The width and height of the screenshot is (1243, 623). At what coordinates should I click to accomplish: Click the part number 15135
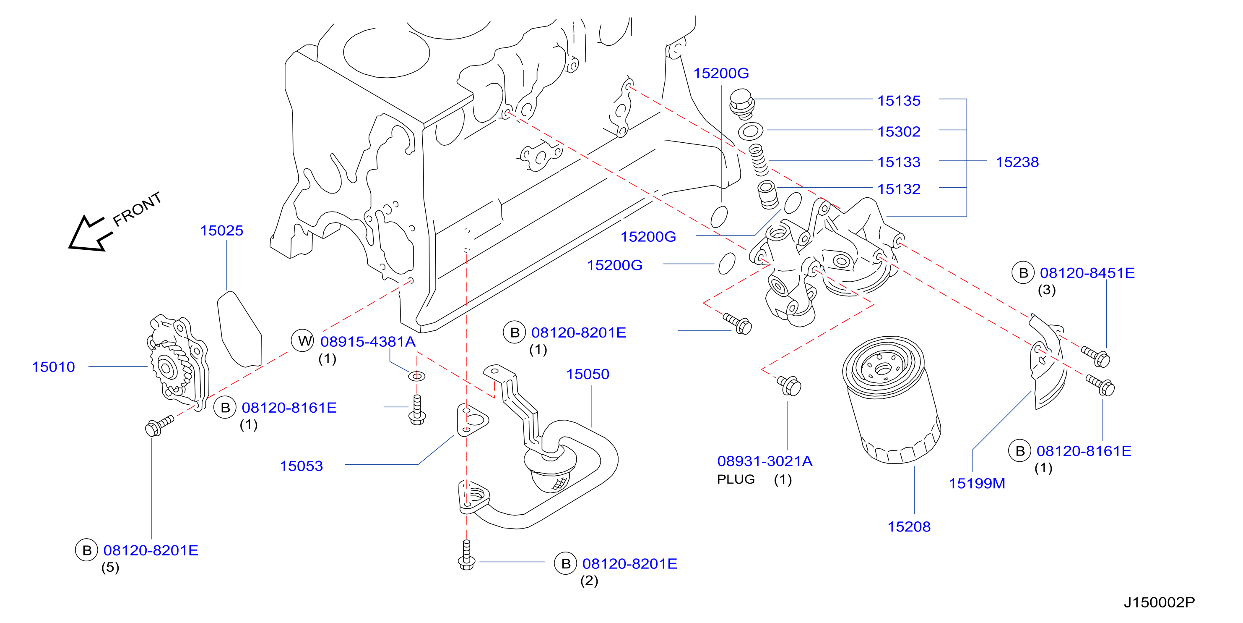pyautogui.click(x=898, y=100)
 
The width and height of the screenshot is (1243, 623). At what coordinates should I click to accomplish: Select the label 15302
pyautogui.click(x=898, y=131)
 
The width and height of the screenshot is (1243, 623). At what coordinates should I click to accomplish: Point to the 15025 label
pyautogui.click(x=221, y=230)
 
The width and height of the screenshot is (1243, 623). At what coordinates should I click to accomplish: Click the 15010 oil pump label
pyautogui.click(x=53, y=366)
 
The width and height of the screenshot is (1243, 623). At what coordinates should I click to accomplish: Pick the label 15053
pyautogui.click(x=301, y=466)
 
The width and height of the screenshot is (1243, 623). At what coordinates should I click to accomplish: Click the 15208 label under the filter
pyautogui.click(x=909, y=526)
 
